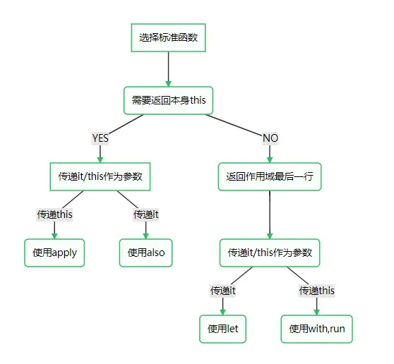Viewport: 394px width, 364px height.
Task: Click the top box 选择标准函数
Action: tap(168, 38)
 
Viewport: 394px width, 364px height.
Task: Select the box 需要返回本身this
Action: tap(168, 100)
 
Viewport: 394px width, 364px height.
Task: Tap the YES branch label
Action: tap(100, 138)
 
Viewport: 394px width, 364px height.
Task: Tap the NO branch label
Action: tap(270, 138)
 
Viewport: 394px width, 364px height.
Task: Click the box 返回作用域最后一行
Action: tap(270, 177)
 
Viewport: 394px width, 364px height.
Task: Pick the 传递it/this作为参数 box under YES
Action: tap(100, 177)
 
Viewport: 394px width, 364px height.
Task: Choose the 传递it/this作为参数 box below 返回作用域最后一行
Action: tap(270, 253)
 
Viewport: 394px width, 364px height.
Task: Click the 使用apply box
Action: tap(54, 253)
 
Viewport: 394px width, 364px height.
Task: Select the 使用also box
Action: tap(145, 253)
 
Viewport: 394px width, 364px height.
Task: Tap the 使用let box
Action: tap(223, 329)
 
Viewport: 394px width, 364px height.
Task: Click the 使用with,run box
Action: tap(316, 329)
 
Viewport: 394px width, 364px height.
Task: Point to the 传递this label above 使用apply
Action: tap(54, 214)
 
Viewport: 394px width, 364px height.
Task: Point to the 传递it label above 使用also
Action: tap(145, 214)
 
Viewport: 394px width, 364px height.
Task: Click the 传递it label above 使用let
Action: tap(223, 291)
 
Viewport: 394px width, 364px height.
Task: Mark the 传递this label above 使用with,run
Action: tap(316, 291)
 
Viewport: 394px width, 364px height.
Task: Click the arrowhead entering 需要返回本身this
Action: tap(168, 84)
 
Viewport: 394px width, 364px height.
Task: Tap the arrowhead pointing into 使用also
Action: tap(145, 236)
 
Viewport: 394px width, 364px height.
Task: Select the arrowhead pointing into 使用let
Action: tap(223, 312)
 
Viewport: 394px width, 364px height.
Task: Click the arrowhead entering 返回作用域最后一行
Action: tap(270, 159)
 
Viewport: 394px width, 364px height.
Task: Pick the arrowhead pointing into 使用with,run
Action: tap(316, 312)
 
